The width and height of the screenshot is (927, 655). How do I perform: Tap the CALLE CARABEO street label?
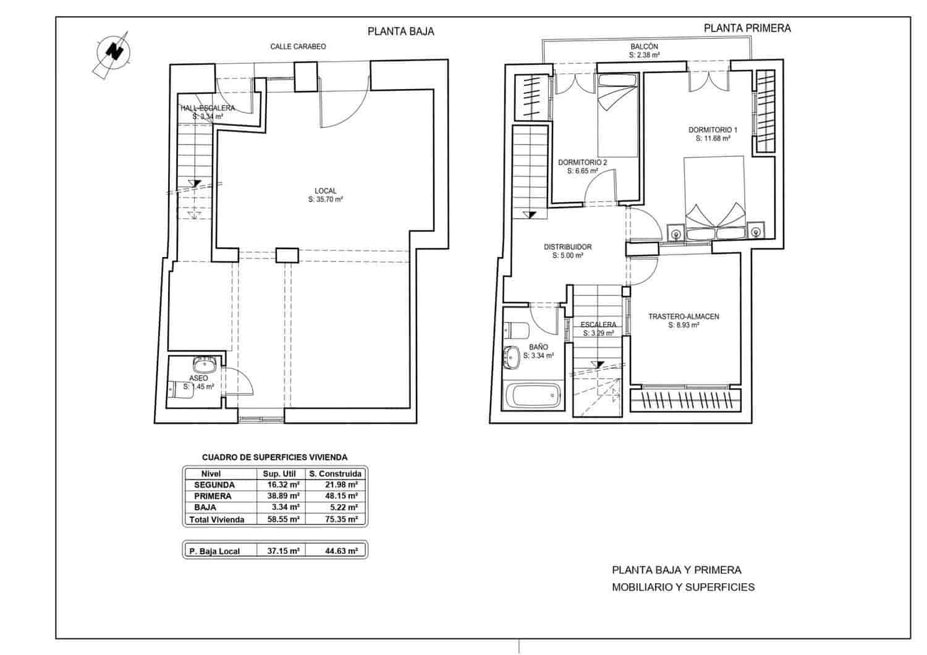[x=298, y=47]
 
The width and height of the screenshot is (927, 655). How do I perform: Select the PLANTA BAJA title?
[x=400, y=32]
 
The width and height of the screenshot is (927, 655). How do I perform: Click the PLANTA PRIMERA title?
[x=747, y=28]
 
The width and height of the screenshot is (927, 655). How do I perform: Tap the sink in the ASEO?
[x=203, y=364]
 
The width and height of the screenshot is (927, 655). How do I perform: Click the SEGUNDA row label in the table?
[x=214, y=485]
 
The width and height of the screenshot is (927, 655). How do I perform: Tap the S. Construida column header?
[x=335, y=474]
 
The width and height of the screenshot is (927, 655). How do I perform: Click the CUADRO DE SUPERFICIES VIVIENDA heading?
[x=274, y=457]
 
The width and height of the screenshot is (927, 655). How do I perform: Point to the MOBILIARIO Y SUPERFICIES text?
[x=683, y=587]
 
